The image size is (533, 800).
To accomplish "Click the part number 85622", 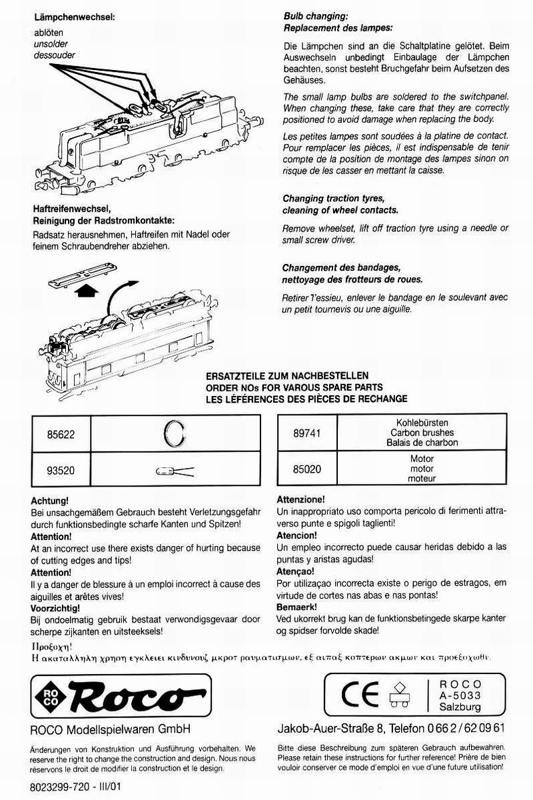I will tap(60, 433).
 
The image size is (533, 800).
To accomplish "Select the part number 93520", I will tap(60, 470).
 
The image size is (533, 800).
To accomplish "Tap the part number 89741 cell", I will tap(307, 433).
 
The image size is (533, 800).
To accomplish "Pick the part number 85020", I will tap(307, 469).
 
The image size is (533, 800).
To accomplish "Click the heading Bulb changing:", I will tap(316, 16).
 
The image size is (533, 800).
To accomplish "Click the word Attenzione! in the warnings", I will tap(300, 499).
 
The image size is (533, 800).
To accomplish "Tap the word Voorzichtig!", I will tap(55, 608).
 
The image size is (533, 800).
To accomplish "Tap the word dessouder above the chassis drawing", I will tap(55, 55).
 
